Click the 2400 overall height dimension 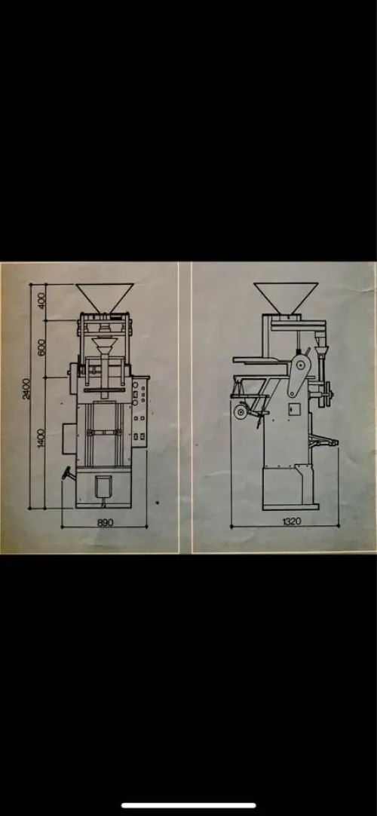[x=26, y=388]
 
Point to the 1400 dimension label [x=41, y=438]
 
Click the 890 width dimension [x=106, y=522]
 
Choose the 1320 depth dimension [x=292, y=521]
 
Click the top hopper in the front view [x=106, y=298]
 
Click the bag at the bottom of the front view [x=103, y=487]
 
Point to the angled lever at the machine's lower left [x=68, y=473]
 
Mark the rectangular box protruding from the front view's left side [x=70, y=439]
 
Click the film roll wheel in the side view [x=240, y=412]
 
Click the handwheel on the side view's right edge [x=328, y=392]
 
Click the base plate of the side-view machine [x=290, y=506]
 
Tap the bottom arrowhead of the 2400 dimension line [x=30, y=507]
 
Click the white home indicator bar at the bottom [x=188, y=805]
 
